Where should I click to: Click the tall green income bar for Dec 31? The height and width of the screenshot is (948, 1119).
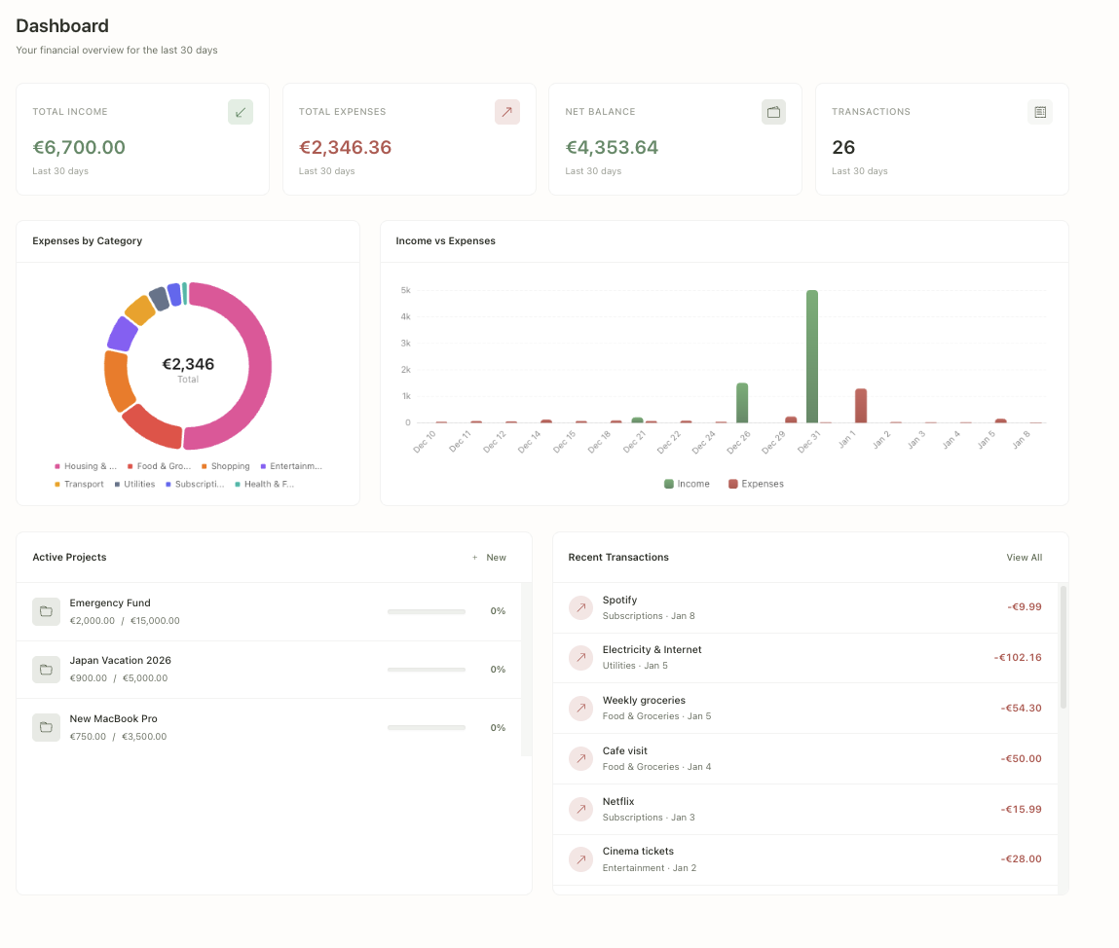811,356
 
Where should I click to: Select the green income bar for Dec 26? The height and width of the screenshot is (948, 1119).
742,402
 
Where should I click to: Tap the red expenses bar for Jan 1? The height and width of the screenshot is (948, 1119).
861,405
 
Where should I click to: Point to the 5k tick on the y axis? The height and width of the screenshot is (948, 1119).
406,290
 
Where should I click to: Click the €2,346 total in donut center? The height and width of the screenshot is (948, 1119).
188,365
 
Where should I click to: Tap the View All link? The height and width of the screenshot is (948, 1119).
1024,558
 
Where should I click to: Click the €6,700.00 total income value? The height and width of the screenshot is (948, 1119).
79,148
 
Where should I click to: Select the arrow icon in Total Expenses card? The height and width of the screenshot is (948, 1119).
506,112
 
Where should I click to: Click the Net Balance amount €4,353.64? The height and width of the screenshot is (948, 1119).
612,148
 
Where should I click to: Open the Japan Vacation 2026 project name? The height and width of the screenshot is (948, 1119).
120,660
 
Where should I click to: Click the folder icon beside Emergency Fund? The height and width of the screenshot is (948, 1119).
46,611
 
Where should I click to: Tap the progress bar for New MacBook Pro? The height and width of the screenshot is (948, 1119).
426,728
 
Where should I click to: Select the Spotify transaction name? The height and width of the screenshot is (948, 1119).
619,600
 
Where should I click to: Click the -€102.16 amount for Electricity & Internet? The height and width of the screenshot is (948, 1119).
1018,657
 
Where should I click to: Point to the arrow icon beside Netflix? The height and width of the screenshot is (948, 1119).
580,809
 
